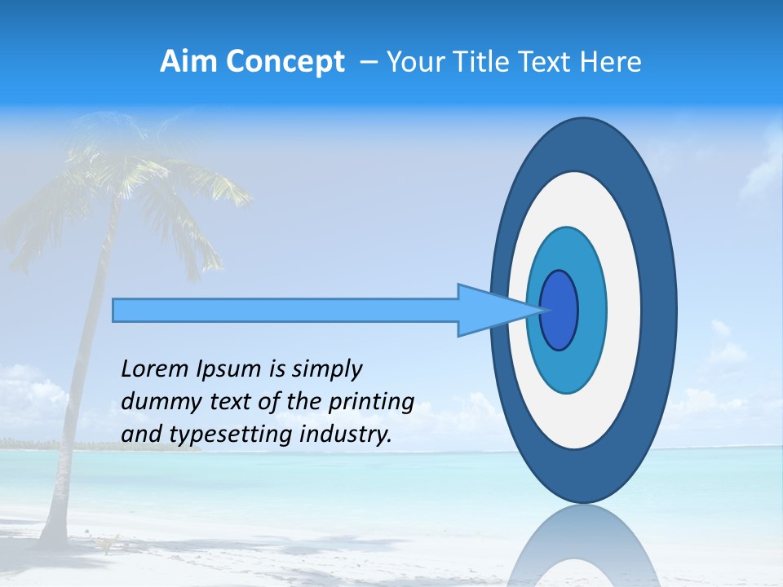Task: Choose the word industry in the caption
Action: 346,435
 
